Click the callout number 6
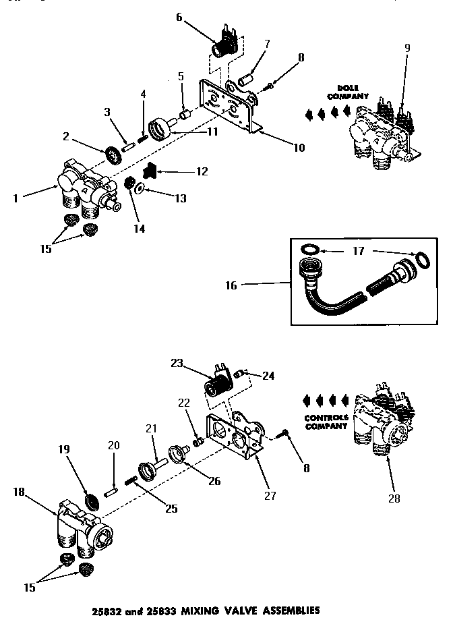pyautogui.click(x=179, y=17)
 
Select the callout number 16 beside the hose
pyautogui.click(x=230, y=286)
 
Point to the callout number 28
pyautogui.click(x=394, y=499)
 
